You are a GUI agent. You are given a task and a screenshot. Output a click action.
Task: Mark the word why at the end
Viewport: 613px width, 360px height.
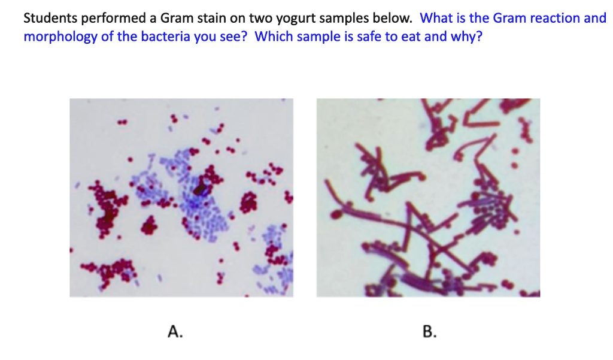pos(469,37)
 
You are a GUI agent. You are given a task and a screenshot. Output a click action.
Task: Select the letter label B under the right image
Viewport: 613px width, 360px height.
pos(428,331)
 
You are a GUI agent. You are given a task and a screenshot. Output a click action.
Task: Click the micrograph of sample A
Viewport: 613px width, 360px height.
pos(181,198)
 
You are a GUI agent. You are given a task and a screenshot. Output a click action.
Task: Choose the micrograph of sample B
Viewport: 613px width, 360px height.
pos(428,198)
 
